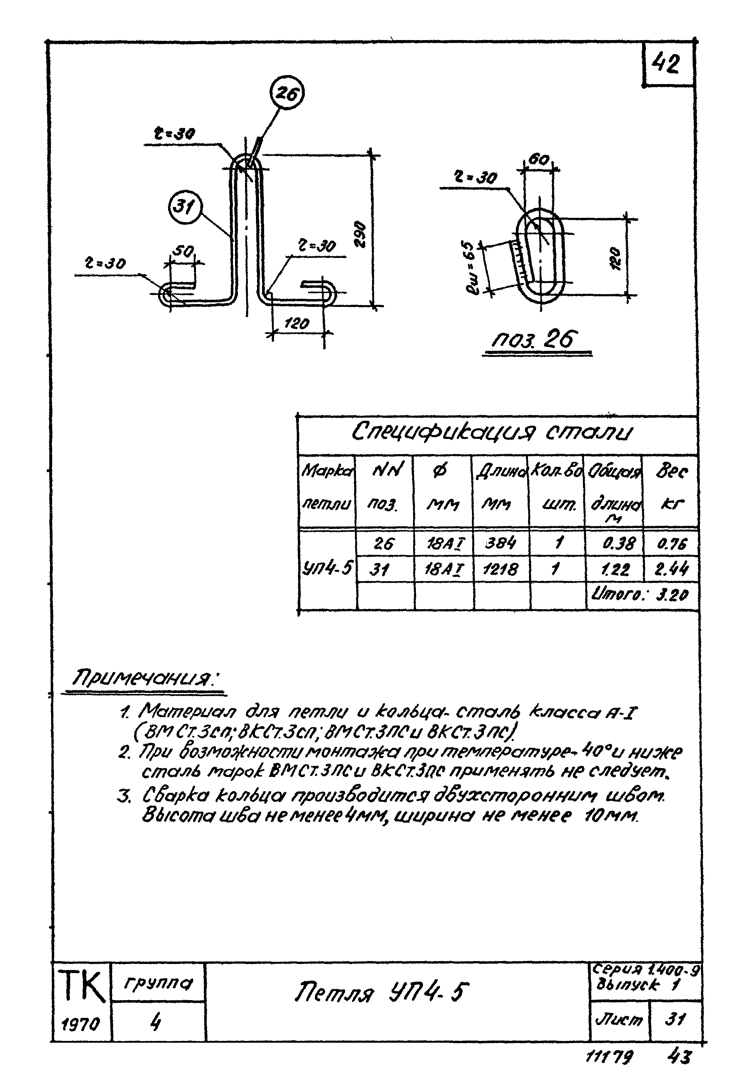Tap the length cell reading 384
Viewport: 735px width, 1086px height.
pos(501,543)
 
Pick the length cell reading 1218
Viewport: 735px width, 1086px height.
pos(501,569)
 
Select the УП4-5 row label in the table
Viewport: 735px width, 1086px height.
pos(327,569)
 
